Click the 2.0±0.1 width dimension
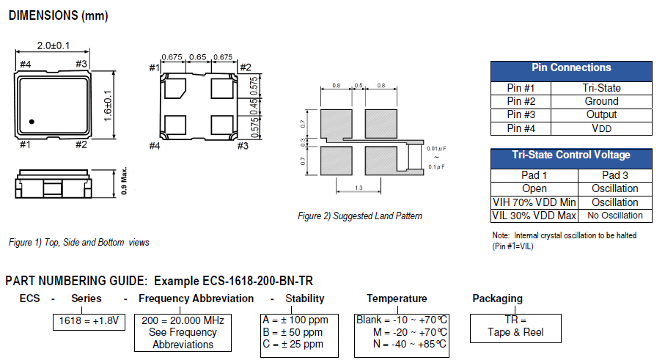(x=52, y=46)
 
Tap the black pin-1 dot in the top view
(x=32, y=121)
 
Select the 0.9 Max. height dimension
(x=125, y=183)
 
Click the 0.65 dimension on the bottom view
(x=198, y=57)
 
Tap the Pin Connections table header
(x=570, y=67)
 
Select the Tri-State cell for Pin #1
(x=602, y=88)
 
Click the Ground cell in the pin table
(x=602, y=101)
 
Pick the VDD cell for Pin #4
(x=602, y=128)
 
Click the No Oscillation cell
(x=615, y=216)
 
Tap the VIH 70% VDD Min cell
(x=534, y=202)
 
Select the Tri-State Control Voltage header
(x=570, y=155)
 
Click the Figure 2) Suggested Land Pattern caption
(x=359, y=216)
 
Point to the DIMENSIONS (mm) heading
(x=56, y=15)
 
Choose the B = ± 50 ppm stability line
(x=293, y=332)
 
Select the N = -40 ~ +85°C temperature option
(x=410, y=344)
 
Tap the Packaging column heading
(x=497, y=298)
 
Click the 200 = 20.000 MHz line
(x=183, y=320)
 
